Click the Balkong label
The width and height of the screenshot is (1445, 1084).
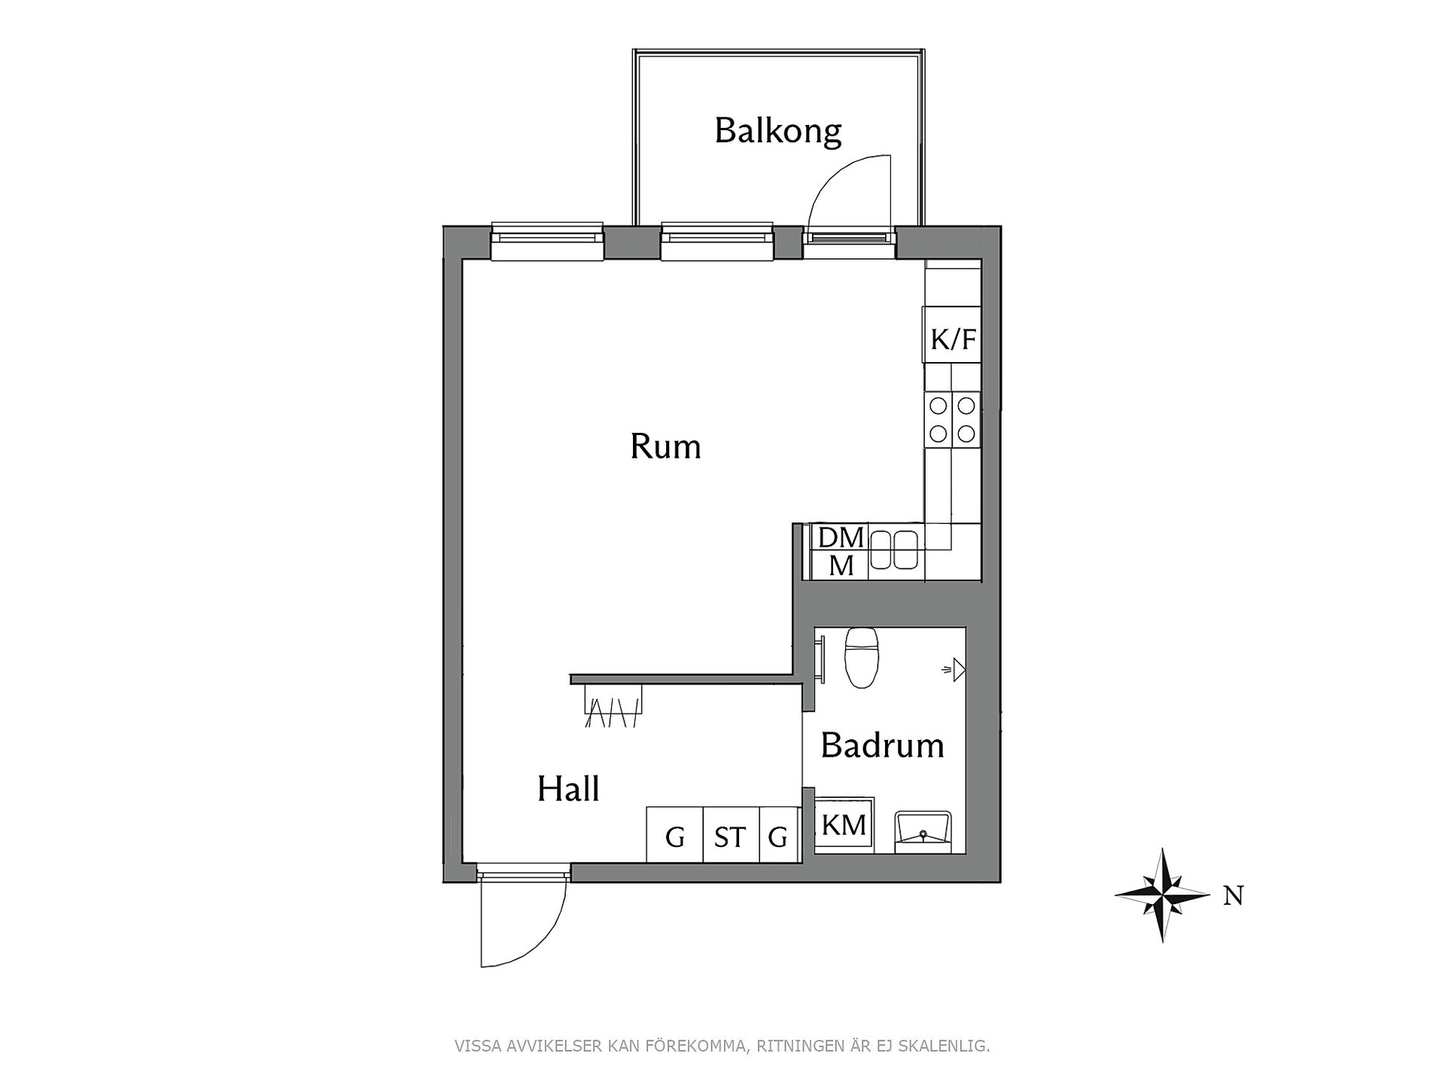[777, 131]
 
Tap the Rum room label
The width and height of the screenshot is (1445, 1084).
[665, 446]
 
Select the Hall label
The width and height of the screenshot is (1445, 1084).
[568, 789]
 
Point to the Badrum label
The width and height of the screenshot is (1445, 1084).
[882, 745]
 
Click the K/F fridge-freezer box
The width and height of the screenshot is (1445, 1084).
[952, 335]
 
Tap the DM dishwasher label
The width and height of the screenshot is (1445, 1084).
[841, 537]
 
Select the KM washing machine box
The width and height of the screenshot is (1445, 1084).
[844, 825]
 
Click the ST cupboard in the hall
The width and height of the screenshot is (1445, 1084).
[730, 835]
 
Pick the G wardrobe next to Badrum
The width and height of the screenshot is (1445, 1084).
[778, 835]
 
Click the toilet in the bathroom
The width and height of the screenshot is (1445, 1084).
[861, 657]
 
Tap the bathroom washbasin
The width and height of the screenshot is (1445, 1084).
[923, 832]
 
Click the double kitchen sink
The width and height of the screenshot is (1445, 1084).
[894, 550]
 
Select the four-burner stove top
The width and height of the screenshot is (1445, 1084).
[952, 419]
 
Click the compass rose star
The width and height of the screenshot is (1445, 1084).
[1163, 895]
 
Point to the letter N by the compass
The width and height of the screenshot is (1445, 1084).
[1234, 896]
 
